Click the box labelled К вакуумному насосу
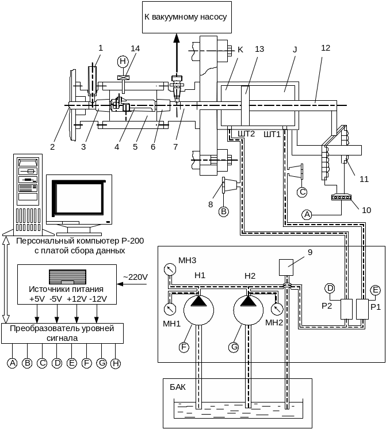pyautogui.click(x=185, y=17)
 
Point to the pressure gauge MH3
pyautogui.click(x=169, y=268)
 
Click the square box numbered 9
pyautogui.click(x=287, y=268)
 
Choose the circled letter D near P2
pyautogui.click(x=330, y=288)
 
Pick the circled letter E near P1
pyautogui.click(x=375, y=289)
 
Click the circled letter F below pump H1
pyautogui.click(x=184, y=347)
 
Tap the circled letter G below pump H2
pyautogui.click(x=234, y=347)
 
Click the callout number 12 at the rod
pyautogui.click(x=325, y=48)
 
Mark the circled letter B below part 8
pyautogui.click(x=223, y=211)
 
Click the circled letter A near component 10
pyautogui.click(x=307, y=214)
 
